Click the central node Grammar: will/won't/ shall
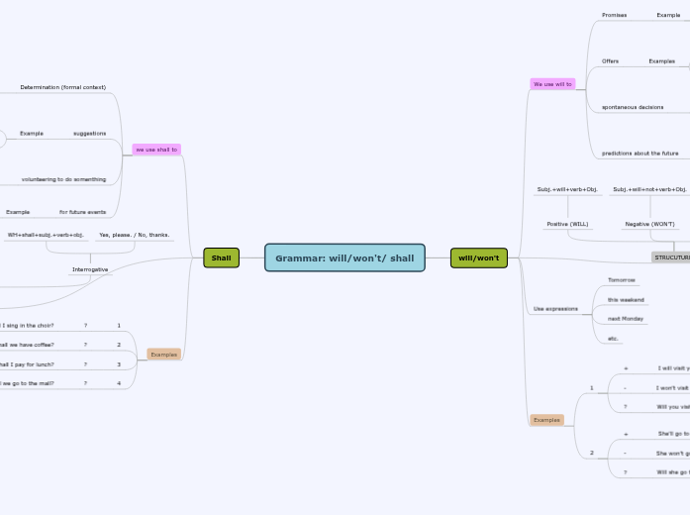pyautogui.click(x=345, y=257)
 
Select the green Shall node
pyautogui.click(x=221, y=257)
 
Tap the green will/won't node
pyautogui.click(x=478, y=257)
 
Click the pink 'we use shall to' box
pyautogui.click(x=156, y=150)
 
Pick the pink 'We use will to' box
pyautogui.click(x=552, y=84)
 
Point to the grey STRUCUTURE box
pyautogui.click(x=671, y=257)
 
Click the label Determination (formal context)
pyautogui.click(x=62, y=87)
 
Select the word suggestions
pyautogui.click(x=89, y=133)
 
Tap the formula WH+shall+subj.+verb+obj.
pyautogui.click(x=46, y=236)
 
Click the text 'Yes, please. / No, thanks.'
pyautogui.click(x=134, y=236)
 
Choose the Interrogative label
pyautogui.click(x=90, y=269)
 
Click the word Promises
pyautogui.click(x=614, y=15)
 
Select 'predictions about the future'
pyautogui.click(x=640, y=154)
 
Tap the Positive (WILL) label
pyautogui.click(x=567, y=224)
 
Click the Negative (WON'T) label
pyautogui.click(x=649, y=224)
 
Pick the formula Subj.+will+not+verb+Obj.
pyautogui.click(x=649, y=189)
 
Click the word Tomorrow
pyautogui.click(x=622, y=280)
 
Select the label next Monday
pyautogui.click(x=626, y=319)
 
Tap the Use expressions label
pyautogui.click(x=555, y=309)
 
